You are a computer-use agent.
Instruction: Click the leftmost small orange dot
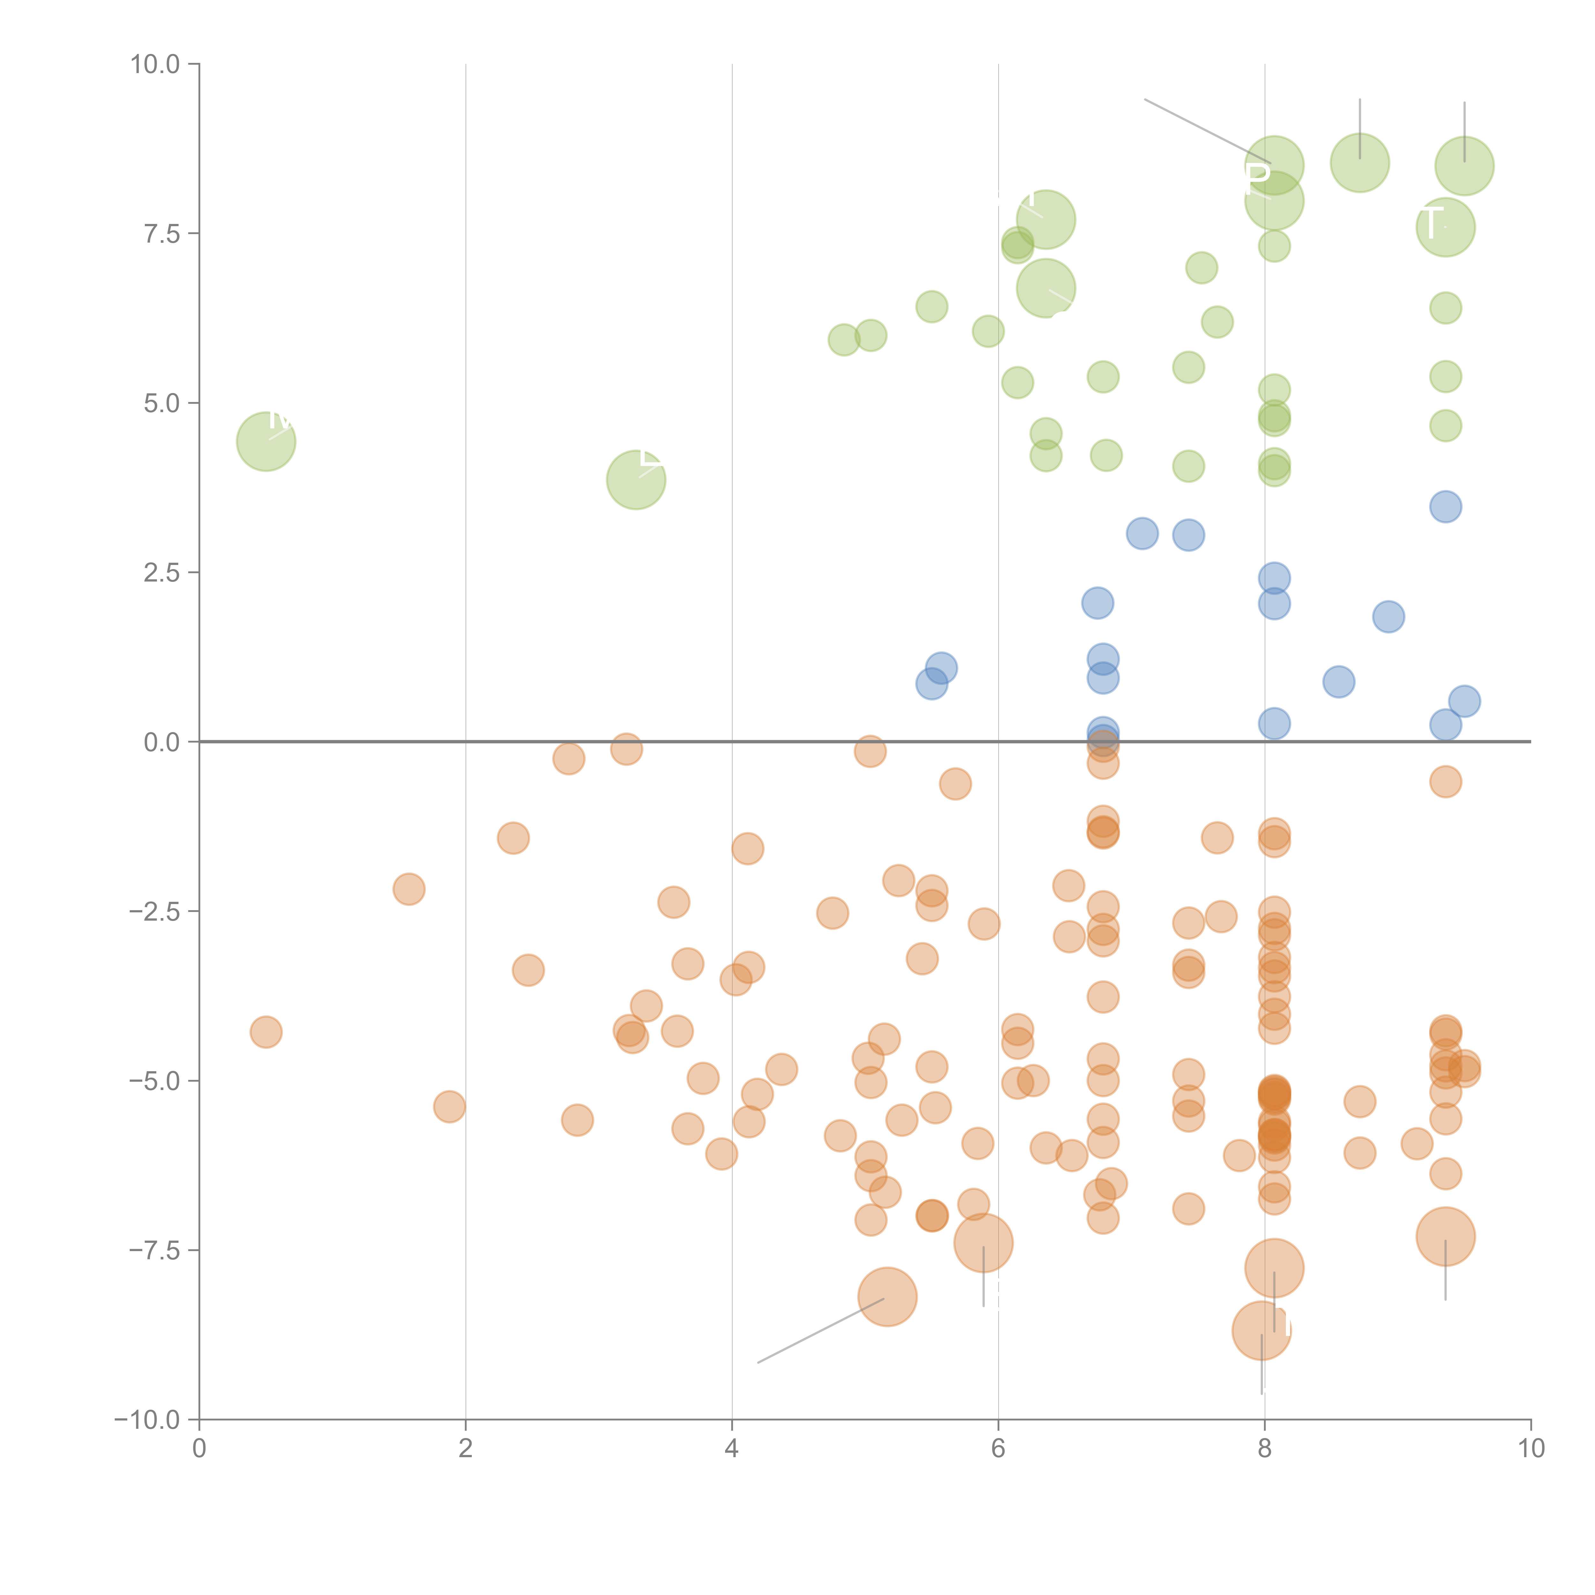point(266,1032)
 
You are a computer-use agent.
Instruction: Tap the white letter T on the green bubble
point(1431,223)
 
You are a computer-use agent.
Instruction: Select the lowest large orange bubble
point(1261,1331)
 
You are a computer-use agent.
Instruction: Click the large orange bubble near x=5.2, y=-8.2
point(887,1297)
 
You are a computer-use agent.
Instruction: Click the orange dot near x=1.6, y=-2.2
point(409,889)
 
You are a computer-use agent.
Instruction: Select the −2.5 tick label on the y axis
point(154,911)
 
